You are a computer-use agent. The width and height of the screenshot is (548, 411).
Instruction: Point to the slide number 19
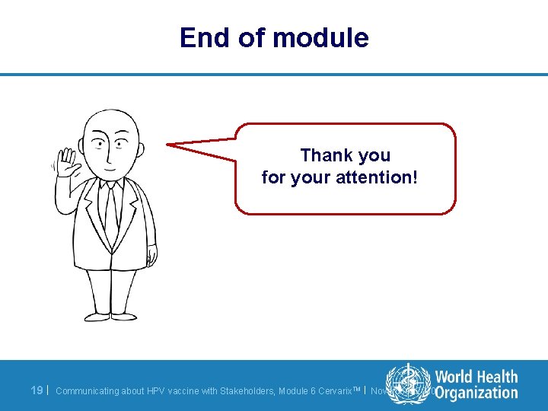click(x=37, y=390)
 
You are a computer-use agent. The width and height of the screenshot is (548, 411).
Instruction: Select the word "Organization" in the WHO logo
click(x=476, y=393)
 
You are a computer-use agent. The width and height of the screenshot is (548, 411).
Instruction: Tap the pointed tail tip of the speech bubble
click(x=169, y=143)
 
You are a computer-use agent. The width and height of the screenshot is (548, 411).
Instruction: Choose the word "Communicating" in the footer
click(x=88, y=391)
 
